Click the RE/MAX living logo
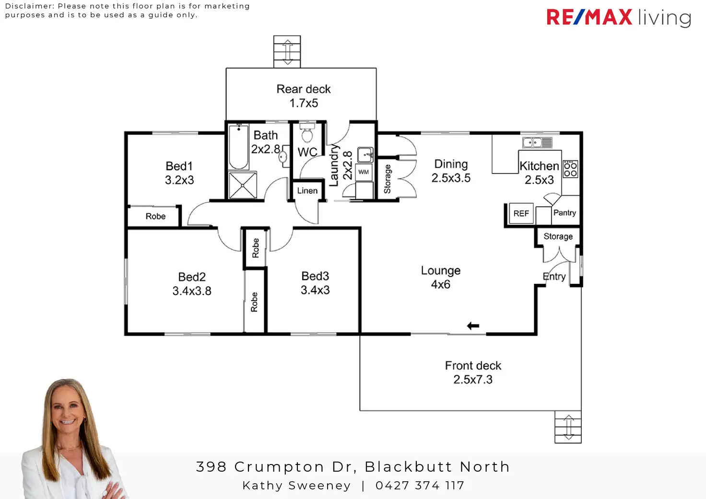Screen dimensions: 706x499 pyautogui.click(x=618, y=18)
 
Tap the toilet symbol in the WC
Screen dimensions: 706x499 pyautogui.click(x=306, y=134)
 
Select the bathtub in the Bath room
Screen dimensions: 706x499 pyautogui.click(x=238, y=147)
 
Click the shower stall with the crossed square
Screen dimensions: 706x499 pyautogui.click(x=243, y=185)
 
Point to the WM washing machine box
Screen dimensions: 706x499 pyautogui.click(x=364, y=172)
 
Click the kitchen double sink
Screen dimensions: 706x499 pyautogui.click(x=537, y=142)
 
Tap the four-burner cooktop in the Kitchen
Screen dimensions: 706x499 pyautogui.click(x=570, y=169)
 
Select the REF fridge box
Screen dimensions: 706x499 pyautogui.click(x=521, y=213)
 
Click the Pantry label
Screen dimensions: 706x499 pyautogui.click(x=565, y=213)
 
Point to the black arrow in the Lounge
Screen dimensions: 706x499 pyautogui.click(x=473, y=326)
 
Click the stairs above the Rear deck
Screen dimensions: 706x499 pyautogui.click(x=287, y=51)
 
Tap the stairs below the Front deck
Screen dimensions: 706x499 pyautogui.click(x=568, y=427)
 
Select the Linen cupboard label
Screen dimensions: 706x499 pyautogui.click(x=307, y=191)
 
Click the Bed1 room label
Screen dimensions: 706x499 pyautogui.click(x=179, y=166)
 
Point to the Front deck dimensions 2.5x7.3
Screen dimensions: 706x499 pyautogui.click(x=473, y=380)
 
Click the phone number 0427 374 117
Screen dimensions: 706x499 pyautogui.click(x=420, y=486)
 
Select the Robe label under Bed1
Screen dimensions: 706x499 pyautogui.click(x=155, y=217)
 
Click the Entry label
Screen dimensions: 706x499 pyautogui.click(x=554, y=277)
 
